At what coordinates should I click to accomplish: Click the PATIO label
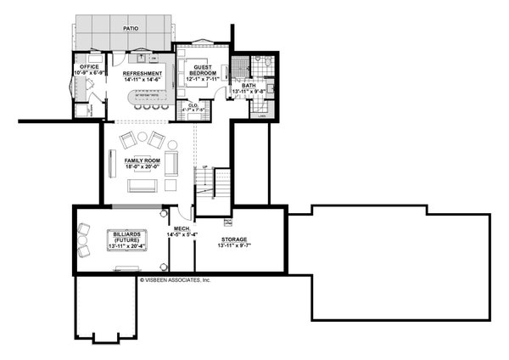[130, 27]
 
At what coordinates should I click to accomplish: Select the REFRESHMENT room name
[143, 74]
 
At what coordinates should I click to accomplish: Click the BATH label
[248, 85]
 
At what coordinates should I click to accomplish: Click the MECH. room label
[182, 228]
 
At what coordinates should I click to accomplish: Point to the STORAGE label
[234, 239]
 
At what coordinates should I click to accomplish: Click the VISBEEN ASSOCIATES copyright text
[174, 278]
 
